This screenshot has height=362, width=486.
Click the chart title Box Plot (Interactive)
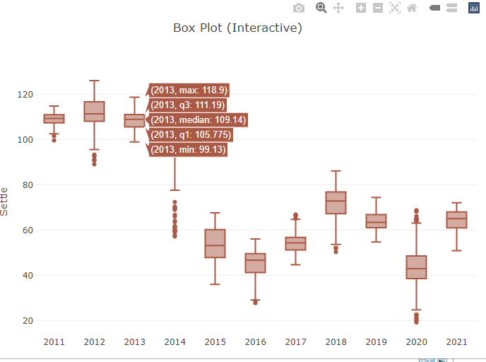tap(237, 28)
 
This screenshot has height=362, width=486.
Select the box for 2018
tap(336, 202)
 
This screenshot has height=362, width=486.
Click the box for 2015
tap(215, 243)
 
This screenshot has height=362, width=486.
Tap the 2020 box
tap(417, 267)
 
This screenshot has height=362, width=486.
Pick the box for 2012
tap(94, 112)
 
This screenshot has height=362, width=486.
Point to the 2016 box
tap(255, 263)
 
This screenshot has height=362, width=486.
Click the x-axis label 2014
tap(174, 342)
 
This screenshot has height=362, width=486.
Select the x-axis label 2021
tap(457, 342)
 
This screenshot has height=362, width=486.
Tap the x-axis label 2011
tap(54, 342)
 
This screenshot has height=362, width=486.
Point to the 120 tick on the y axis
tap(25, 95)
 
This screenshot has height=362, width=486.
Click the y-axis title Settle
tap(6, 201)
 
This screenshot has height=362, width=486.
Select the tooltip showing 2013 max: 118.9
tap(189, 90)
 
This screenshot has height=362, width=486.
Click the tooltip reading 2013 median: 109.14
tap(198, 120)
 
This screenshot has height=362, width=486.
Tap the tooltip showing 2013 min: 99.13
tap(188, 149)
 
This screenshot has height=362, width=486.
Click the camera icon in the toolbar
tap(299, 8)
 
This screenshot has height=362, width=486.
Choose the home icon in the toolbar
tap(412, 8)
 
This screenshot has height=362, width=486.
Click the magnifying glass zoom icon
tap(321, 8)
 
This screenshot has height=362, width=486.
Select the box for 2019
tap(377, 221)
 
